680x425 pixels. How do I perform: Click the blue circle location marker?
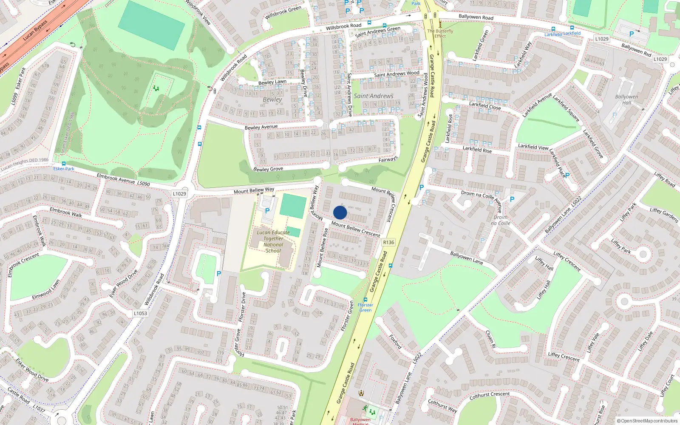tap(340, 212)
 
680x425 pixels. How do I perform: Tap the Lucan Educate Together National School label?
tap(273, 241)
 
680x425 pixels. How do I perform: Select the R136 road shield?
tap(388, 242)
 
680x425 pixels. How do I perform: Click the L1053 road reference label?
tap(140, 313)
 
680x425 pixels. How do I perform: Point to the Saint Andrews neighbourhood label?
tap(374, 96)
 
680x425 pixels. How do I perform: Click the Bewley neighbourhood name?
tap(272, 99)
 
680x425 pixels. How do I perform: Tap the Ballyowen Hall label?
tap(626, 99)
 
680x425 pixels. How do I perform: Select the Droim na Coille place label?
tap(501, 220)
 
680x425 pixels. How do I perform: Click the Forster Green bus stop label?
tap(365, 307)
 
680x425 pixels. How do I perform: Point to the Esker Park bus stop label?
tap(64, 169)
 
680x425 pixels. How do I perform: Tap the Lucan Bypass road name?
tap(35, 31)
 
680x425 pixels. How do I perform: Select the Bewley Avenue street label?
tap(261, 127)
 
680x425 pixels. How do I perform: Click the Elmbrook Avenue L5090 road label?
tap(123, 180)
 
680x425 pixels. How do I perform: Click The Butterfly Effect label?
tap(440, 34)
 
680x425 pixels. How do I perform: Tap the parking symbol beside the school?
tap(267, 211)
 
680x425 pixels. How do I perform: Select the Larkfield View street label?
tap(533, 147)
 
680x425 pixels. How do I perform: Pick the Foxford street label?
tap(395, 342)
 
